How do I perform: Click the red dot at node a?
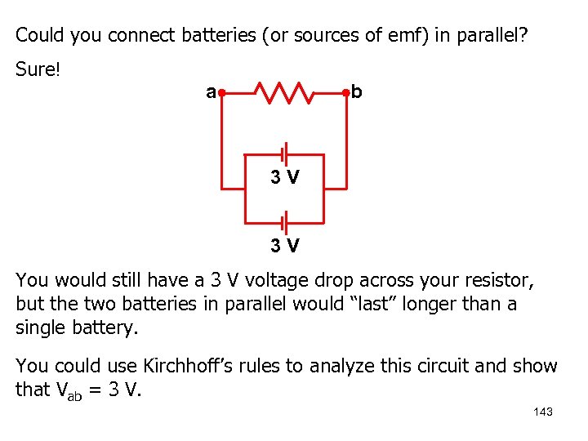coord(222,93)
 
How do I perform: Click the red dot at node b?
coord(346,93)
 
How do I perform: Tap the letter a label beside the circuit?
coord(211,92)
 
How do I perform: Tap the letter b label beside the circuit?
coord(357,92)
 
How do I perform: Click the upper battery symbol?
coord(284,154)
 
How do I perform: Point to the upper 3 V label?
coord(285,176)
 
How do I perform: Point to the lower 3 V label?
coord(285,245)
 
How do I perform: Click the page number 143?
coord(542,412)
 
